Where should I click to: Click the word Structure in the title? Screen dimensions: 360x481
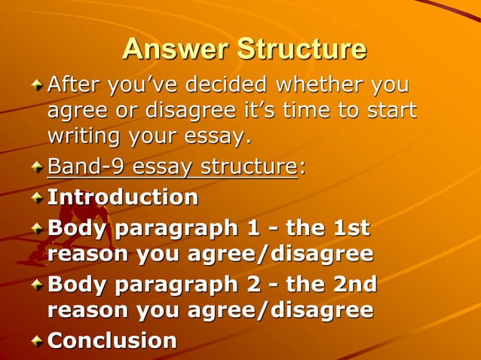point(302,49)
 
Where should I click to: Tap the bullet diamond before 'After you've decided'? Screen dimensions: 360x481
point(37,86)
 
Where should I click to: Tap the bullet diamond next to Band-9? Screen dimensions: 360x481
point(37,167)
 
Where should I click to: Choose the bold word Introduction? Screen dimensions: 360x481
point(123,197)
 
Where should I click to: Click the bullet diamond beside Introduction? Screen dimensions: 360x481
point(37,198)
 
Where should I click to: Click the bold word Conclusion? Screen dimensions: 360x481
point(112,340)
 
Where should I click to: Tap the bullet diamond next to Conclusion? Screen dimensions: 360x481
point(37,341)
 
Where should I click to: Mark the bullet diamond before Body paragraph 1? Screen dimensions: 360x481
point(37,228)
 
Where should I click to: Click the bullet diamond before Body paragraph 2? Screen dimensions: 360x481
point(37,285)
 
